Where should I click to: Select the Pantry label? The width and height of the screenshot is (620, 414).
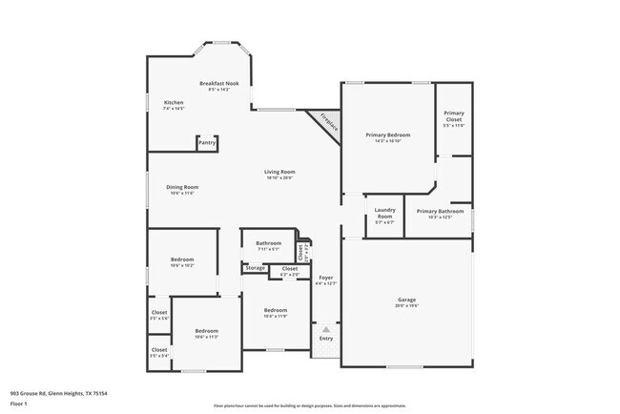coord(207,142)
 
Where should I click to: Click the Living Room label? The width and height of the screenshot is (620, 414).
coord(279,172)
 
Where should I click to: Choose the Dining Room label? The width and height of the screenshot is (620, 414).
coord(182,187)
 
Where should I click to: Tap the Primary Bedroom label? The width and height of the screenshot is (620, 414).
coord(386,135)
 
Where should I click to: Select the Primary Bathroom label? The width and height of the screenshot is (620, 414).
coord(440,211)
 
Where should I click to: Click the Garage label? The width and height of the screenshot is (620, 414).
coord(406,300)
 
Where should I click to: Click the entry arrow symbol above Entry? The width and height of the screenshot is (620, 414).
coord(326,329)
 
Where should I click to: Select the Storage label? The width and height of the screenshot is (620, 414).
coord(255,268)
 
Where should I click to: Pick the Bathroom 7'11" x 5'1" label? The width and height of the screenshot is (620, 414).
coord(268,243)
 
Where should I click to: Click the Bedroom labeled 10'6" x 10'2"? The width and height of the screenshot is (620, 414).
coord(182,260)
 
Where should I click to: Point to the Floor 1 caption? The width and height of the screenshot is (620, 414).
coord(19,404)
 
